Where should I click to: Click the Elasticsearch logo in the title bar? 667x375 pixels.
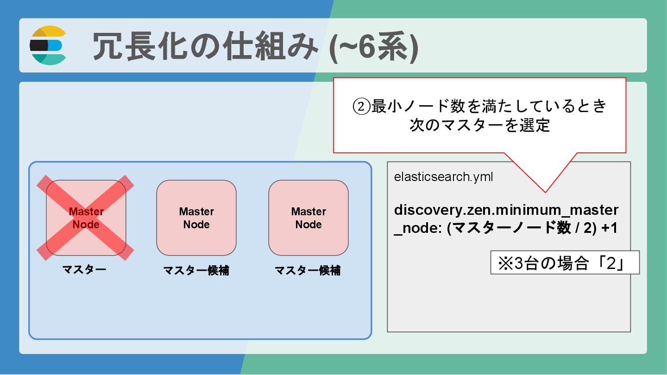(48, 45)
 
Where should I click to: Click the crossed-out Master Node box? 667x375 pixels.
(86, 218)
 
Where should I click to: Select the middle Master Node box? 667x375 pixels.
(196, 218)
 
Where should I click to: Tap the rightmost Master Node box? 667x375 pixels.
(308, 218)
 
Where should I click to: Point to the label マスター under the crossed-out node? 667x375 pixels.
(84, 269)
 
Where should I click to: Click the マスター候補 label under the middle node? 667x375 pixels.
(196, 271)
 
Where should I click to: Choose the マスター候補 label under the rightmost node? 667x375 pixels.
(308, 271)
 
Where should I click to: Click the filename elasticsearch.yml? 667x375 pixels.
(443, 177)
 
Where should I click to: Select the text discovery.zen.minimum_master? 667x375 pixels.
(506, 210)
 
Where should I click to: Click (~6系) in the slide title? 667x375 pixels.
(373, 46)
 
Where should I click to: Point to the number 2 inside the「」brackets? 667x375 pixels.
(611, 263)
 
